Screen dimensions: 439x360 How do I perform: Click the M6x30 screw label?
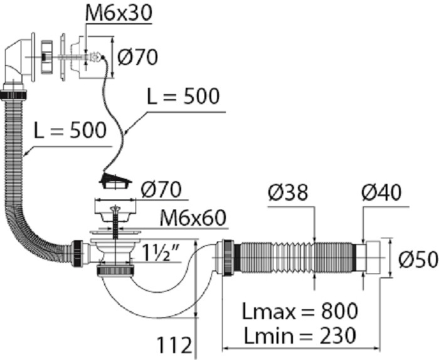click(x=119, y=13)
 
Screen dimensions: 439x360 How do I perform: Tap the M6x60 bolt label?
click(x=193, y=218)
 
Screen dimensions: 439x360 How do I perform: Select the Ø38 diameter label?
click(x=288, y=193)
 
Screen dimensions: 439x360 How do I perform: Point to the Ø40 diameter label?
click(x=381, y=193)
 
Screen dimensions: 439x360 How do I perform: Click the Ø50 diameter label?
click(x=418, y=259)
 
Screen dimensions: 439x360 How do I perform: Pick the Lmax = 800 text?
click(x=300, y=311)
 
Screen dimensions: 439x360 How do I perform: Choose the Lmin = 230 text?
click(x=300, y=336)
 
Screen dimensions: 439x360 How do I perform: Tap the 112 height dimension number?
click(x=174, y=345)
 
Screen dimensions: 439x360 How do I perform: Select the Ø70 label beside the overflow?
click(x=137, y=57)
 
